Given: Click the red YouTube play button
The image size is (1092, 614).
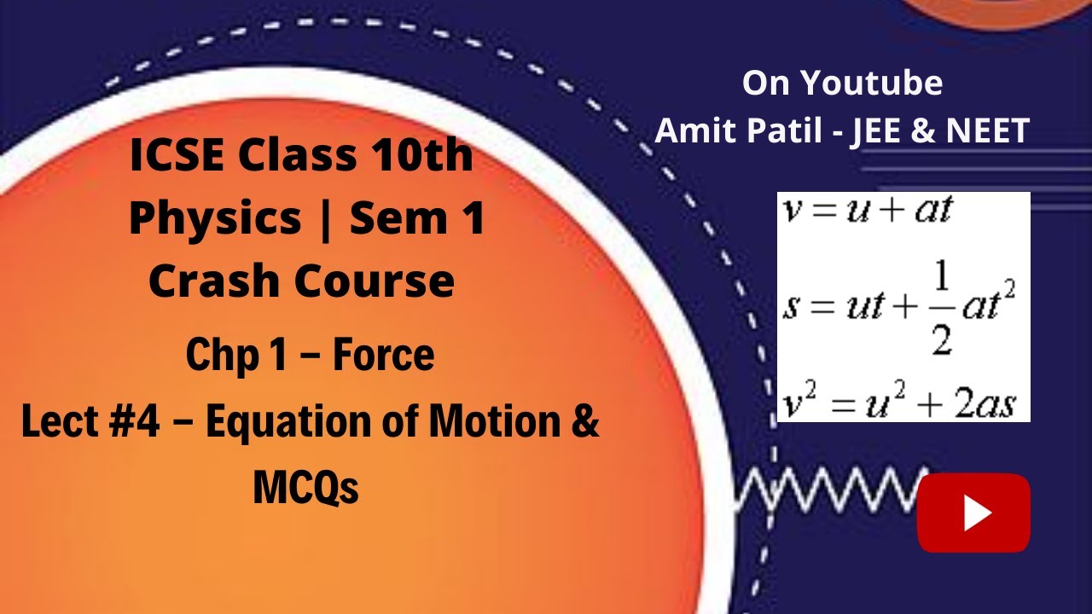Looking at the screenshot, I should (973, 513).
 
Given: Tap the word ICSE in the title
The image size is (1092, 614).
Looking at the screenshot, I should (177, 156).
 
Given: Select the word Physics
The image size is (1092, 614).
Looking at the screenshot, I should (214, 219).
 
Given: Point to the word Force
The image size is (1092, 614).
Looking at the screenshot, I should (383, 356).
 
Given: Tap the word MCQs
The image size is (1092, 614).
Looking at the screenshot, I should (305, 488).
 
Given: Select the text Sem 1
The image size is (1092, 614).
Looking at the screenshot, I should (418, 219).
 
